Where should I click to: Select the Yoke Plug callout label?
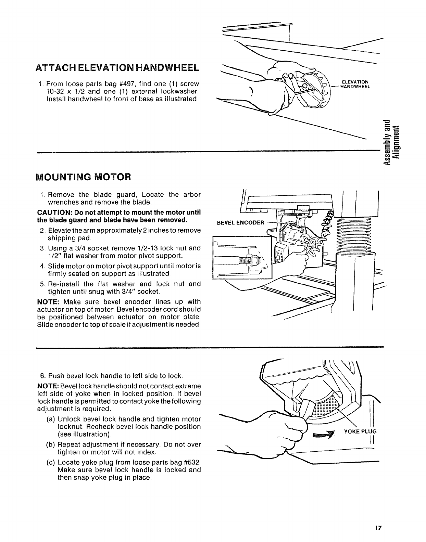click(x=360, y=431)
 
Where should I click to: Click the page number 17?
click(x=378, y=529)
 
